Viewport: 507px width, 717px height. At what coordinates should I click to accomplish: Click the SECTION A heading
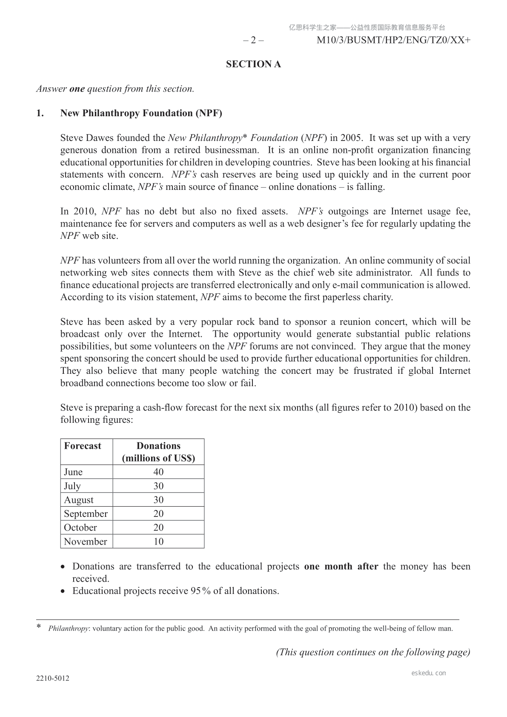(x=253, y=64)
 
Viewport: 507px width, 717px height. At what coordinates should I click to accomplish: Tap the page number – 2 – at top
(x=253, y=40)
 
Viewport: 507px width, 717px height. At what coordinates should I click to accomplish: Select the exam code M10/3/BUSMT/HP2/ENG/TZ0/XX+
(x=394, y=40)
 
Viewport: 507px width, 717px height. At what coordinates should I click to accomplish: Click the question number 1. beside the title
(x=40, y=113)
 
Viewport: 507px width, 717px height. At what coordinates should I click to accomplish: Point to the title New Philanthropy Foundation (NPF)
(x=141, y=113)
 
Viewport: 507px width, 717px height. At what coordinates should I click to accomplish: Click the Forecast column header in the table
(x=83, y=446)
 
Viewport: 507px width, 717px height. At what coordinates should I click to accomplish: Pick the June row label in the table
(x=73, y=472)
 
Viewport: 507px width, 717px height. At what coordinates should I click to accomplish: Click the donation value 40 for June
(x=158, y=472)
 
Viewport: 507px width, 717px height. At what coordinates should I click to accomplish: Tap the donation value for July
(x=158, y=486)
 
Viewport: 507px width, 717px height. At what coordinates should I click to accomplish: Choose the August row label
(x=79, y=500)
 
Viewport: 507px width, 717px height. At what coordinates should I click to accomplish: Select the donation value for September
(x=158, y=513)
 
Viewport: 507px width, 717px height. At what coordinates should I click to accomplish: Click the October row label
(x=80, y=528)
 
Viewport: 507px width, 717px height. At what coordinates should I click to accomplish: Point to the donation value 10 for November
(x=158, y=542)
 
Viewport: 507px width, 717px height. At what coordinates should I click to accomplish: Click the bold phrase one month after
(x=341, y=567)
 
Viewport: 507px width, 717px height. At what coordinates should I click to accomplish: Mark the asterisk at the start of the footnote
(x=39, y=627)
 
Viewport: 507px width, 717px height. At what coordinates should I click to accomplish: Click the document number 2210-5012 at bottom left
(x=53, y=679)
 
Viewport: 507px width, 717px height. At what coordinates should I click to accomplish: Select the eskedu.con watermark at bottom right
(x=429, y=673)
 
